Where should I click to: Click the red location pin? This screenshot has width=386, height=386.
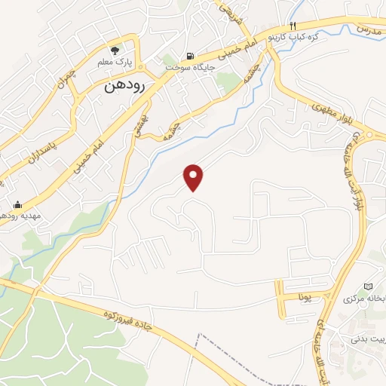pyautogui.click(x=195, y=177)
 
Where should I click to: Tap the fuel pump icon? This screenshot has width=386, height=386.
pyautogui.click(x=189, y=56)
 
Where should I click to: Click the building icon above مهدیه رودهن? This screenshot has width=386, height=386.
pyautogui.click(x=17, y=203)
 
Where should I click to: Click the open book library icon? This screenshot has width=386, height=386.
pyautogui.click(x=368, y=286)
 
